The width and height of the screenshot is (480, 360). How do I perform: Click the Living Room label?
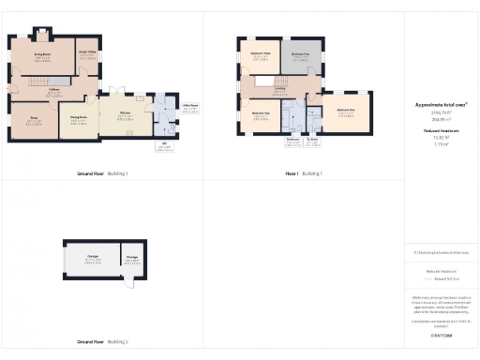(x=42, y=55)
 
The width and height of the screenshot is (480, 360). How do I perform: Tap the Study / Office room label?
(x=87, y=52)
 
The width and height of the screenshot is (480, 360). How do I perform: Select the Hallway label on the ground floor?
(x=55, y=89)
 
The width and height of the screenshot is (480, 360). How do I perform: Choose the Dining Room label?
(x=80, y=117)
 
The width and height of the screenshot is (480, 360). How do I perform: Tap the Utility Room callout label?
(x=189, y=106)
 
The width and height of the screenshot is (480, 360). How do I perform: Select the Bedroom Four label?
(x=300, y=54)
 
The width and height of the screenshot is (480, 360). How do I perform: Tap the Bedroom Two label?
(x=261, y=113)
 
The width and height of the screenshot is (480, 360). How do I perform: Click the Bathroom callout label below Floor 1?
(x=293, y=141)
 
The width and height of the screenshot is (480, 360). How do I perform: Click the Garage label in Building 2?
(x=94, y=256)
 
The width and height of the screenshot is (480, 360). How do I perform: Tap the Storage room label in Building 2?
(x=131, y=256)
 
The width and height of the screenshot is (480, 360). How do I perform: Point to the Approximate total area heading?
(x=441, y=105)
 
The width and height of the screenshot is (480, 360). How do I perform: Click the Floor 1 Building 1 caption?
(x=304, y=174)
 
